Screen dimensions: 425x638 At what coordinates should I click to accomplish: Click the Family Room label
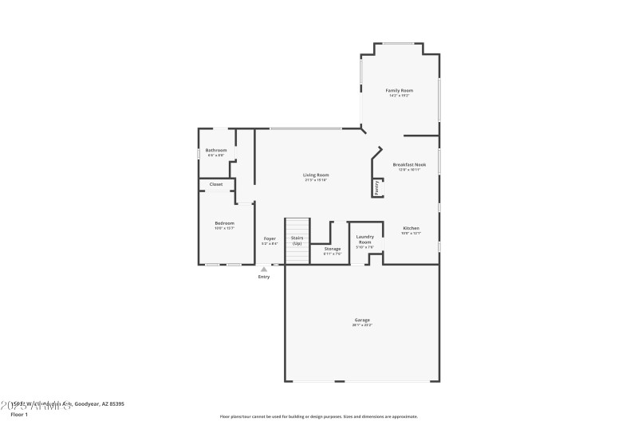[x=400, y=91]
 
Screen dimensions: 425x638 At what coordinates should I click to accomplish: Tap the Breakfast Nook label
[x=409, y=164]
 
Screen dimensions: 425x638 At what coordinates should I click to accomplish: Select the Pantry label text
[x=376, y=187]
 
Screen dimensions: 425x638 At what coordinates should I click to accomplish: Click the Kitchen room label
[x=411, y=228]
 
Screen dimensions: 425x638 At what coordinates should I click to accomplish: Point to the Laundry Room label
[x=364, y=238]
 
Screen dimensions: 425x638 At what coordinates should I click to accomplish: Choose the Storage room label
[x=333, y=249]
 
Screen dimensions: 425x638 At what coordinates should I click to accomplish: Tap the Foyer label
[x=270, y=238]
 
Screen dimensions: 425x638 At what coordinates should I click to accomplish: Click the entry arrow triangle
[x=264, y=270]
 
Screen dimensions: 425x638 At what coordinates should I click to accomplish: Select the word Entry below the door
[x=264, y=277]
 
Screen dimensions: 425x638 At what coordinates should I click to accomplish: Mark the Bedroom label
[x=224, y=223]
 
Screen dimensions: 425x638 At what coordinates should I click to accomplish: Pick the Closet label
[x=216, y=184]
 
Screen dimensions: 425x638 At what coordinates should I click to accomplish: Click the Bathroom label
[x=216, y=150]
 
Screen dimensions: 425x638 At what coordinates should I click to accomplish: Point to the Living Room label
[x=316, y=175]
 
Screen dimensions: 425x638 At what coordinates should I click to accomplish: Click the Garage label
[x=362, y=320]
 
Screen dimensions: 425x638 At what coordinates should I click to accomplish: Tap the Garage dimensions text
[x=362, y=325]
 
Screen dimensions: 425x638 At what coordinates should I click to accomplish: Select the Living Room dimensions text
[x=316, y=180]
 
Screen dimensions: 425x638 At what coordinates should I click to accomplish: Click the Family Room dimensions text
[x=400, y=96]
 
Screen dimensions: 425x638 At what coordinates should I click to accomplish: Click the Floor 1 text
[x=19, y=415]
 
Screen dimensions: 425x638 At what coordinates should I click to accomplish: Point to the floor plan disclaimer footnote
[x=318, y=416]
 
